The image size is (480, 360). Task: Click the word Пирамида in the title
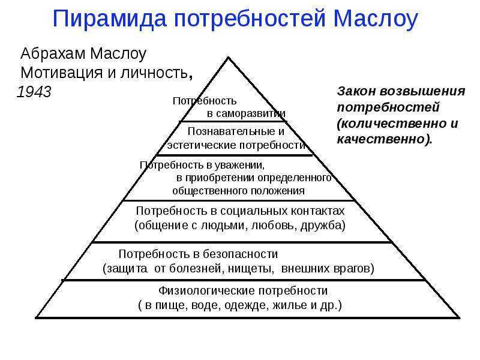point(110,20)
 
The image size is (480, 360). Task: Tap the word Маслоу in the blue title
point(376,20)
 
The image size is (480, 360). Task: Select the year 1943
point(34,92)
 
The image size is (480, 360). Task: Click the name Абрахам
point(53,54)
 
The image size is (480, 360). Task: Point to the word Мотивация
point(61,73)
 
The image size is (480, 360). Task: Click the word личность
point(156,73)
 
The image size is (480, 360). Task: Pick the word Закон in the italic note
point(356,91)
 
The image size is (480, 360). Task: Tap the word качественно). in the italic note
point(385,139)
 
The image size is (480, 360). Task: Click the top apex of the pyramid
point(229,57)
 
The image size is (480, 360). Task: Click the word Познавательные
point(232,131)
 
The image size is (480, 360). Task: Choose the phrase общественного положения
point(238,191)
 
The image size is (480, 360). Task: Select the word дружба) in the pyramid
point(323,226)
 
